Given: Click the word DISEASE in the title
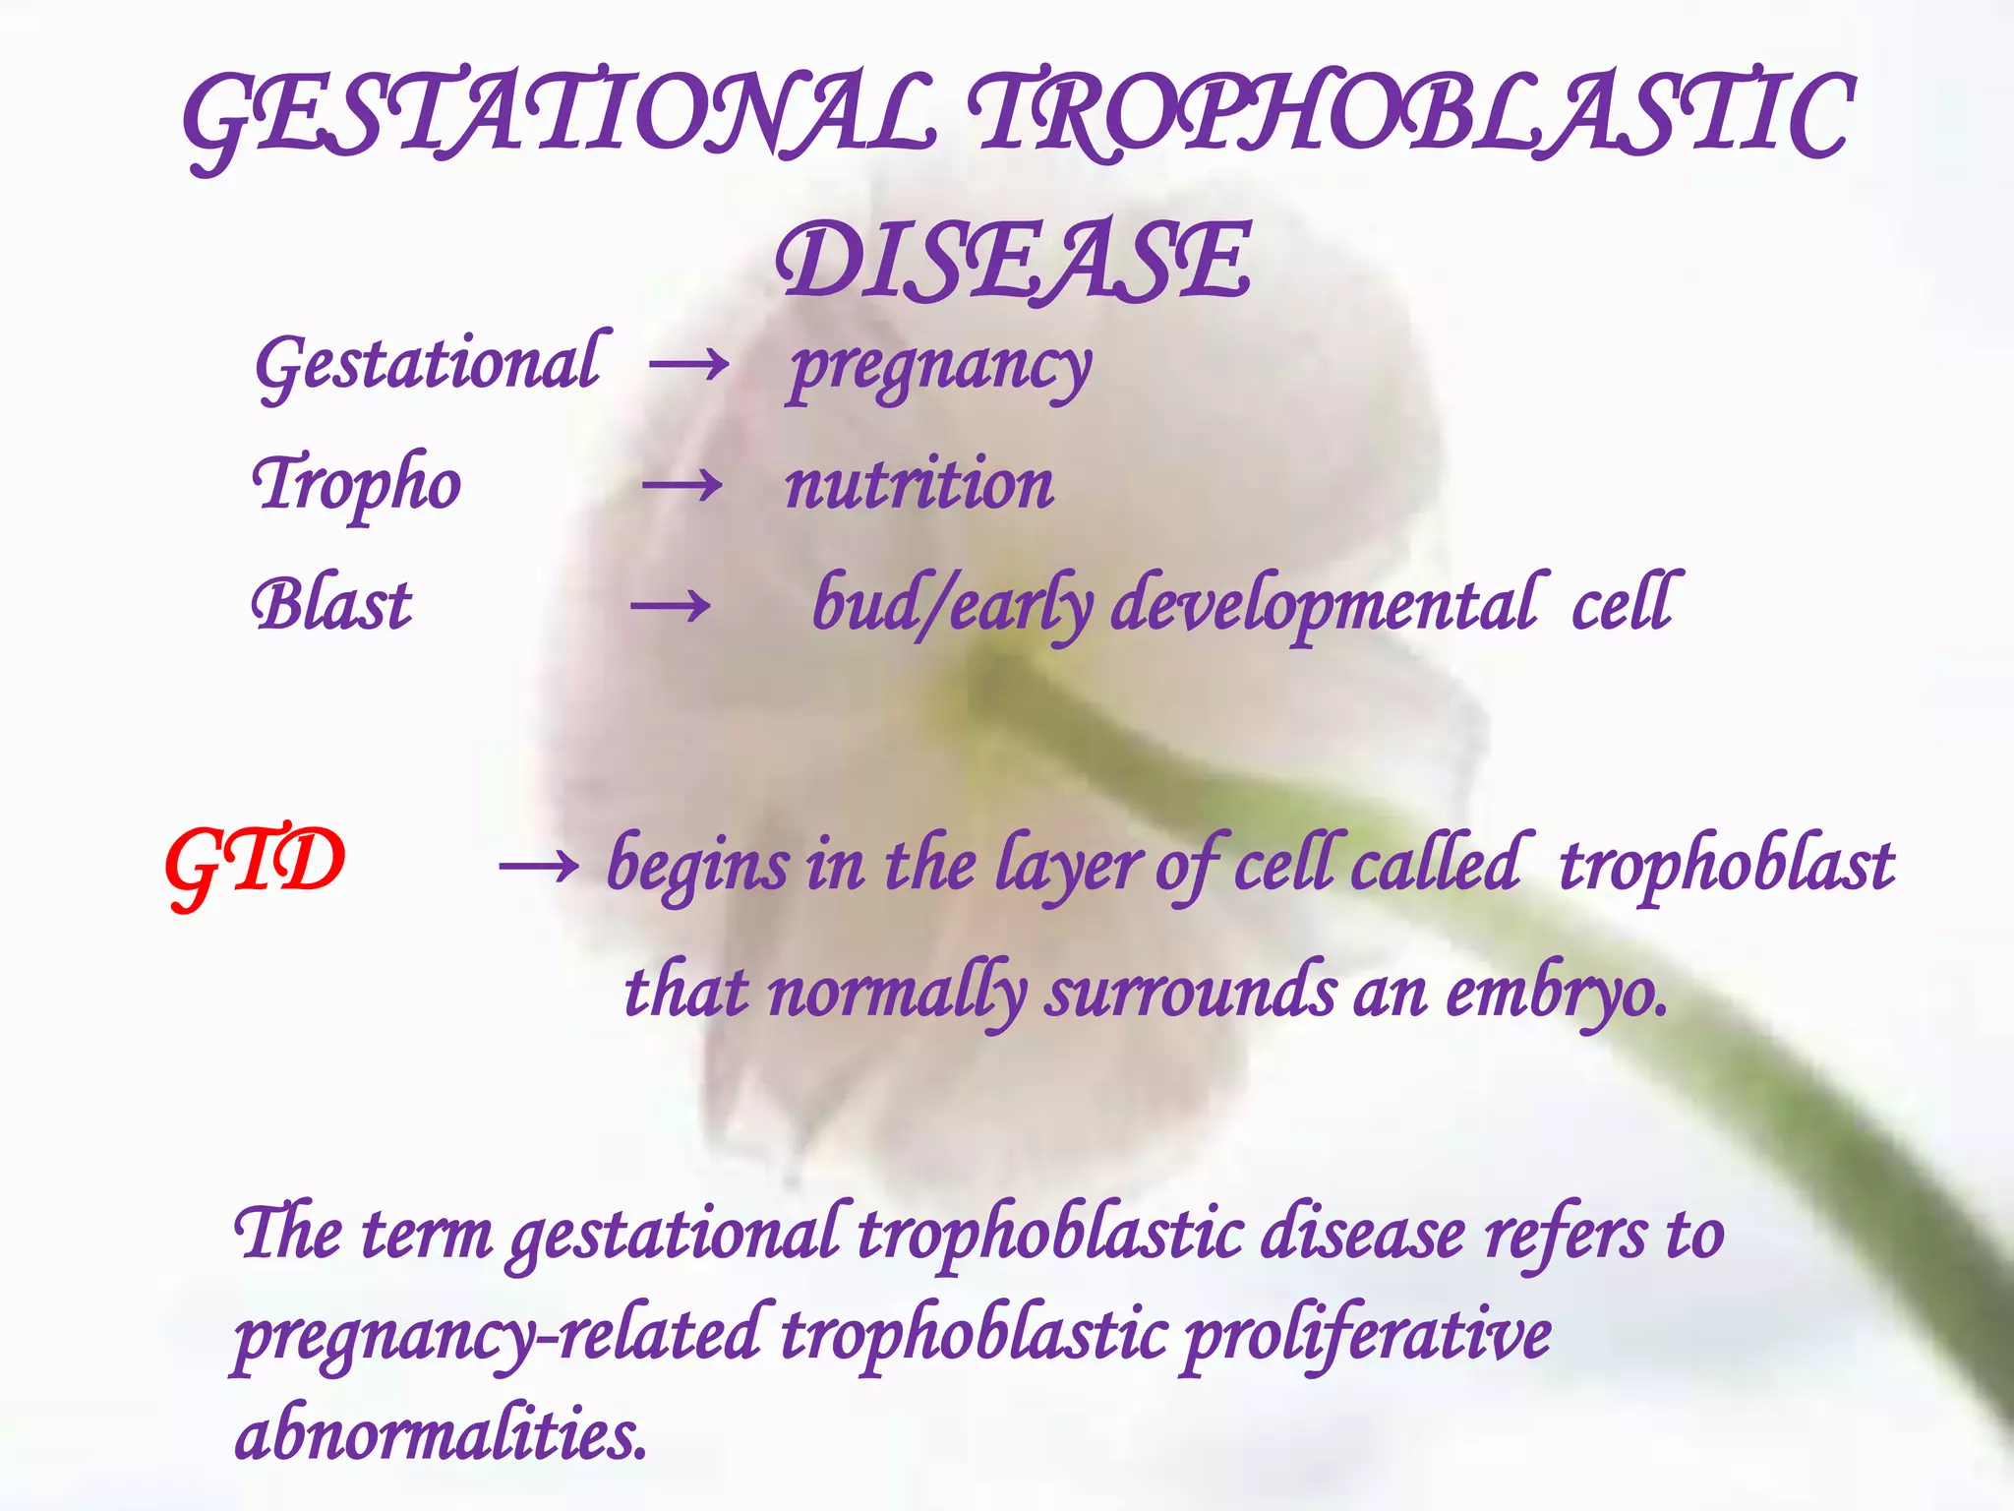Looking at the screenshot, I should tap(1013, 261).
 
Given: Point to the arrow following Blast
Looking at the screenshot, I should tap(671, 606).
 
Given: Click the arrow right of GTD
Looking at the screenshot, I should tap(538, 867).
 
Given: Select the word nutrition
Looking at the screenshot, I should tap(919, 485).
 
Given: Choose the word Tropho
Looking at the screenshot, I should tap(357, 485).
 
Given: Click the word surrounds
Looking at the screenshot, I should tap(1191, 994).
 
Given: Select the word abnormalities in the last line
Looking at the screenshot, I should tap(442, 1434).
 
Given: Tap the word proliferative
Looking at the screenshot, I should tap(1367, 1336).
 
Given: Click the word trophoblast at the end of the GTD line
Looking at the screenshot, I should tap(1726, 867).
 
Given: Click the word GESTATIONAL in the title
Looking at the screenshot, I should tap(559, 118).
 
